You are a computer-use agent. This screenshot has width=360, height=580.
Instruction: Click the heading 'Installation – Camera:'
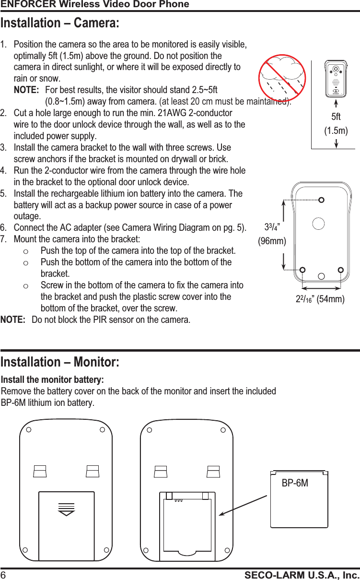(x=60, y=23)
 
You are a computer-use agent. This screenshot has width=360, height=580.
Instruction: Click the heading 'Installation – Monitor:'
(x=60, y=361)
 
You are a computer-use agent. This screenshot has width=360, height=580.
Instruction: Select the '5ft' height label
(x=336, y=117)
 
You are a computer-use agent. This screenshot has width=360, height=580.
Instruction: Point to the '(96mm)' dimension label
(x=272, y=241)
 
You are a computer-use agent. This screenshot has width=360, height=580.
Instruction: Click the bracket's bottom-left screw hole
(x=303, y=270)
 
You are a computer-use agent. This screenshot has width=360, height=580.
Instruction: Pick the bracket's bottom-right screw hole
(x=340, y=270)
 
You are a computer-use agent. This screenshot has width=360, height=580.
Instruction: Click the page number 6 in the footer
(x=3, y=575)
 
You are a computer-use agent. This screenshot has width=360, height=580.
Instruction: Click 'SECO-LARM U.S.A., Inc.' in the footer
(x=302, y=575)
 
